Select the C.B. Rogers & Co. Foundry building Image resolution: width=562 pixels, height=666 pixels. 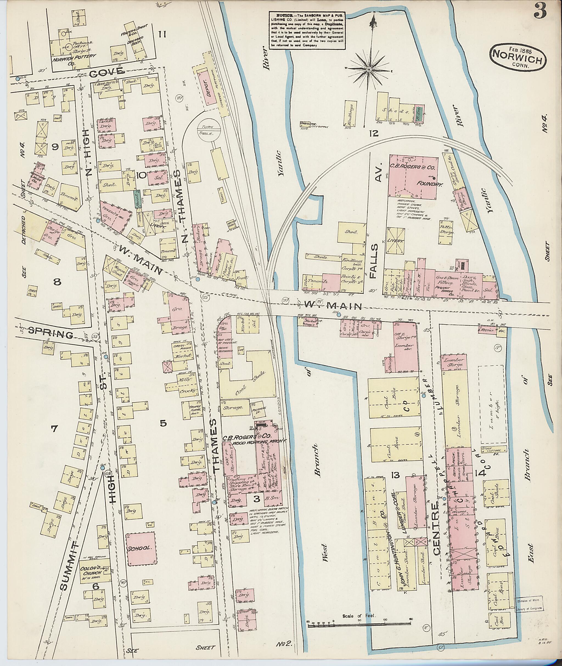click(414, 176)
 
